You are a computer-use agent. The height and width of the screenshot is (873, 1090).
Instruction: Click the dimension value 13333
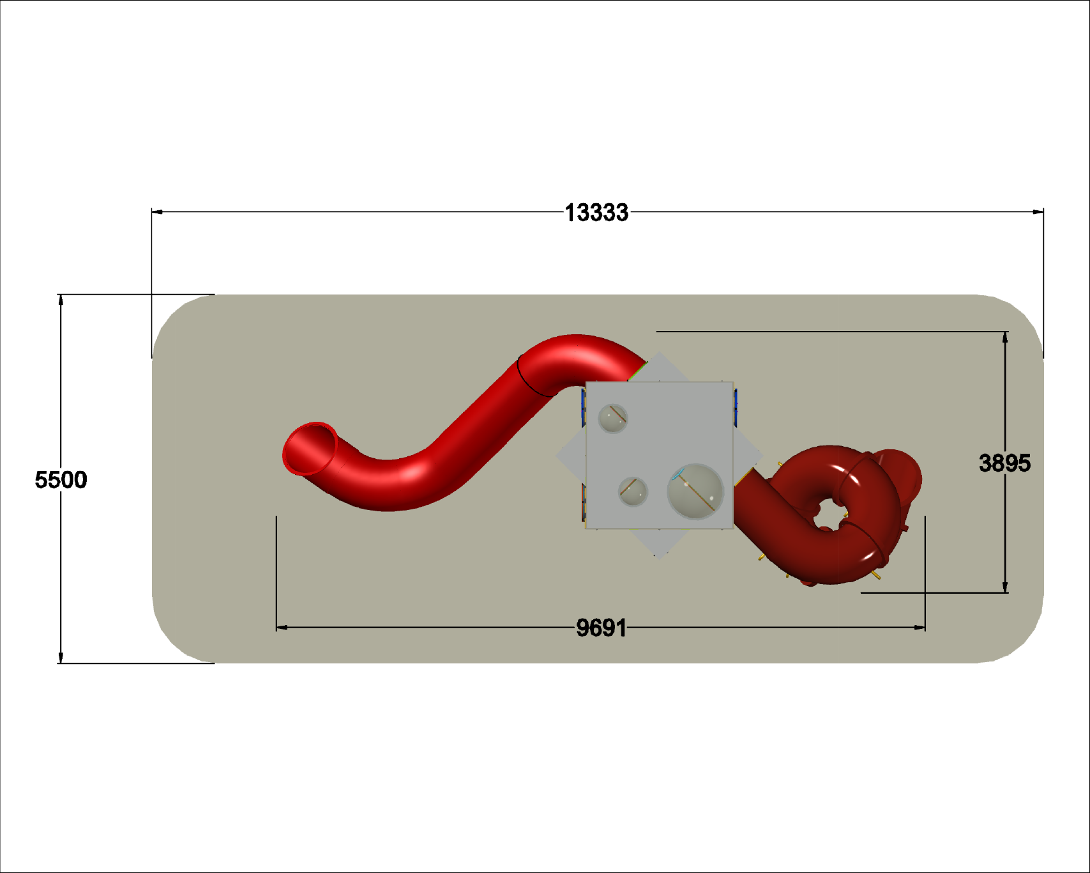[x=596, y=213]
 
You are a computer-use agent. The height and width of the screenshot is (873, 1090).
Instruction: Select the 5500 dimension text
[x=61, y=480]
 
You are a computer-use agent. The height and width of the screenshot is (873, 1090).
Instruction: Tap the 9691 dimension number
[x=602, y=628]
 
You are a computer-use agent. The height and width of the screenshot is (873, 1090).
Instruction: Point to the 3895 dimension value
[x=1004, y=463]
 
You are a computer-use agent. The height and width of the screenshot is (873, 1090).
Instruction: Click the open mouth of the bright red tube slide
[x=310, y=448]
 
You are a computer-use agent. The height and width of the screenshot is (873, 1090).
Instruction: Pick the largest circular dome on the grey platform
[x=695, y=491]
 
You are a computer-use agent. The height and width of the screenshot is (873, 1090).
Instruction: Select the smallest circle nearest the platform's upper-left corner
[x=613, y=418]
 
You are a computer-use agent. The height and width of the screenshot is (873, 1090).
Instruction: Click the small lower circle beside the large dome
[x=633, y=491]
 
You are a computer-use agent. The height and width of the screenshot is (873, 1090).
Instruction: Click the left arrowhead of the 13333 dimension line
[x=157, y=212]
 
